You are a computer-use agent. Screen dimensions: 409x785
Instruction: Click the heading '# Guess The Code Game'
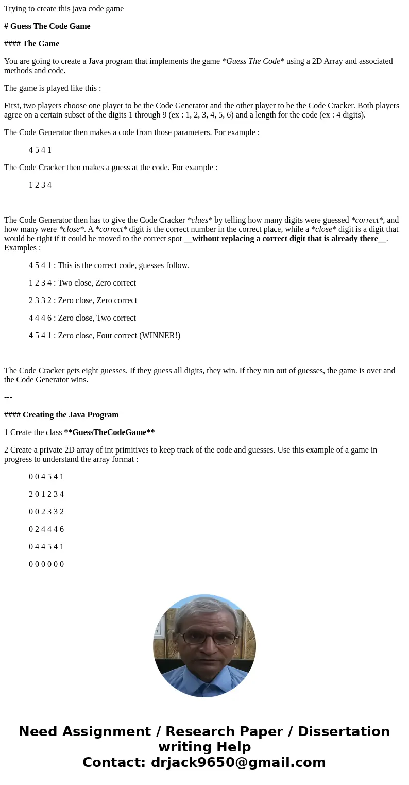[x=47, y=26]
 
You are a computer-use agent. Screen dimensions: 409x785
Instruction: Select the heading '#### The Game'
[x=31, y=44]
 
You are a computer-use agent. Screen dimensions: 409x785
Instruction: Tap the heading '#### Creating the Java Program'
[x=61, y=415]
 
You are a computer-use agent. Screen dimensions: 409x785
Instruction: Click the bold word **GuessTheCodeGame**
[x=109, y=432]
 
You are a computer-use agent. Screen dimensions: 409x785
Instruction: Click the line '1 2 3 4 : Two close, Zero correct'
[x=82, y=283]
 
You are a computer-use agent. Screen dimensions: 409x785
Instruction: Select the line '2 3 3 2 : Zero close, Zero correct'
[x=83, y=300]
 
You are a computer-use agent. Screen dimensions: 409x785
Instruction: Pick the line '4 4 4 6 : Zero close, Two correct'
[x=82, y=318]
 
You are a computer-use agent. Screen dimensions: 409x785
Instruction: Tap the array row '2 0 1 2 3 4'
[x=46, y=494]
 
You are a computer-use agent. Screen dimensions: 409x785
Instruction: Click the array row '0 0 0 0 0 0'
[x=46, y=564]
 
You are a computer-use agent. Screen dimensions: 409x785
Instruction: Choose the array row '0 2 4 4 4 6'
[x=46, y=529]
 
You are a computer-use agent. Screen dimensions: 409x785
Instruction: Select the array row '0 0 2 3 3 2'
[x=46, y=512]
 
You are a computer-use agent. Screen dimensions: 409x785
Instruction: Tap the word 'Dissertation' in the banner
[x=344, y=731]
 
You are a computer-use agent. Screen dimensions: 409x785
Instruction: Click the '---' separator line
[x=8, y=397]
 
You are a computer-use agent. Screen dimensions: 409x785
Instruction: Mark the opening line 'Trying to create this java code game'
[x=64, y=9]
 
